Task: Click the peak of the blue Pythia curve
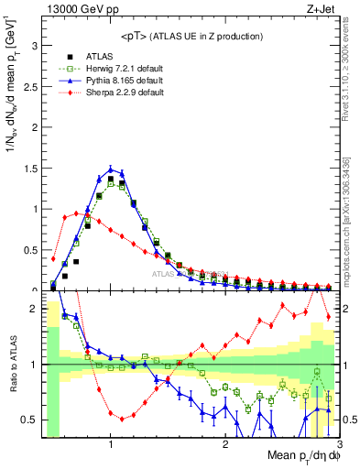[111, 169]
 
